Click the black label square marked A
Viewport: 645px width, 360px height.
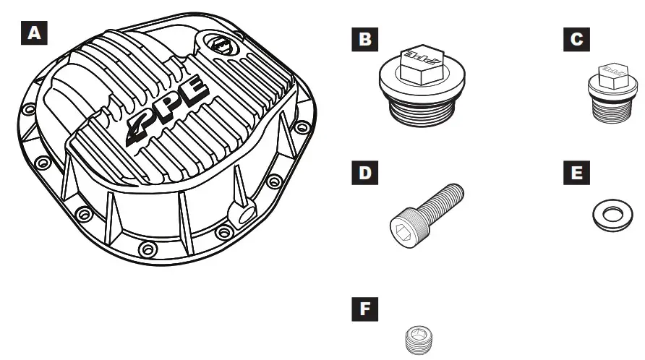pyautogui.click(x=33, y=33)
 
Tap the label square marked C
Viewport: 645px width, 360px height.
pyautogui.click(x=576, y=38)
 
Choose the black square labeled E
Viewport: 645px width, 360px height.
pyautogui.click(x=576, y=174)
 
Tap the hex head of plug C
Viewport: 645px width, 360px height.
pyautogui.click(x=612, y=74)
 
